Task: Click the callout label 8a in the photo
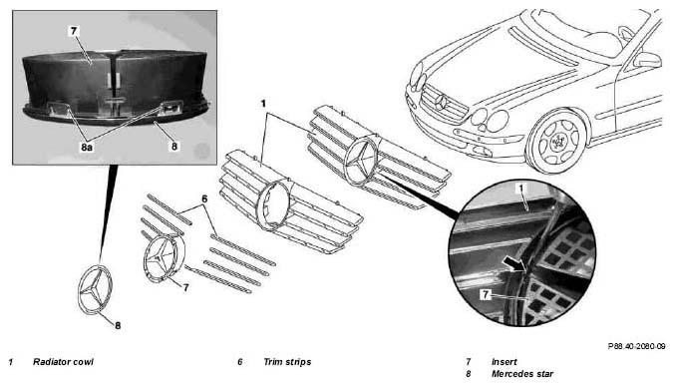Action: click(x=86, y=148)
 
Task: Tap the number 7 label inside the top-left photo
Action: click(x=74, y=31)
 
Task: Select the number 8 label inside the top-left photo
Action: click(x=173, y=147)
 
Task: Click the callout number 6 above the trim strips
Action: click(x=204, y=198)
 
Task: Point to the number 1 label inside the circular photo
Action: click(x=521, y=189)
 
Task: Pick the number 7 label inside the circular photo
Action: click(x=486, y=294)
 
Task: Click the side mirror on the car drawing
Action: click(x=647, y=60)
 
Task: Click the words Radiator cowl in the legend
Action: click(x=63, y=362)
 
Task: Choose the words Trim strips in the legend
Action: click(x=287, y=362)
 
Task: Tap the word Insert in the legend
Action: click(x=505, y=362)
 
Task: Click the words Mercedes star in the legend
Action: click(x=522, y=374)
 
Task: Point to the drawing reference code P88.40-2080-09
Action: click(x=636, y=346)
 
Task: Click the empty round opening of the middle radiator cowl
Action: click(x=274, y=203)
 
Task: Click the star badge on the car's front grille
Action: click(x=441, y=102)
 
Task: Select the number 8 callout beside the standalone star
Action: click(x=118, y=326)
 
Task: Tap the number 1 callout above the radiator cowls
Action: click(x=263, y=104)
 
